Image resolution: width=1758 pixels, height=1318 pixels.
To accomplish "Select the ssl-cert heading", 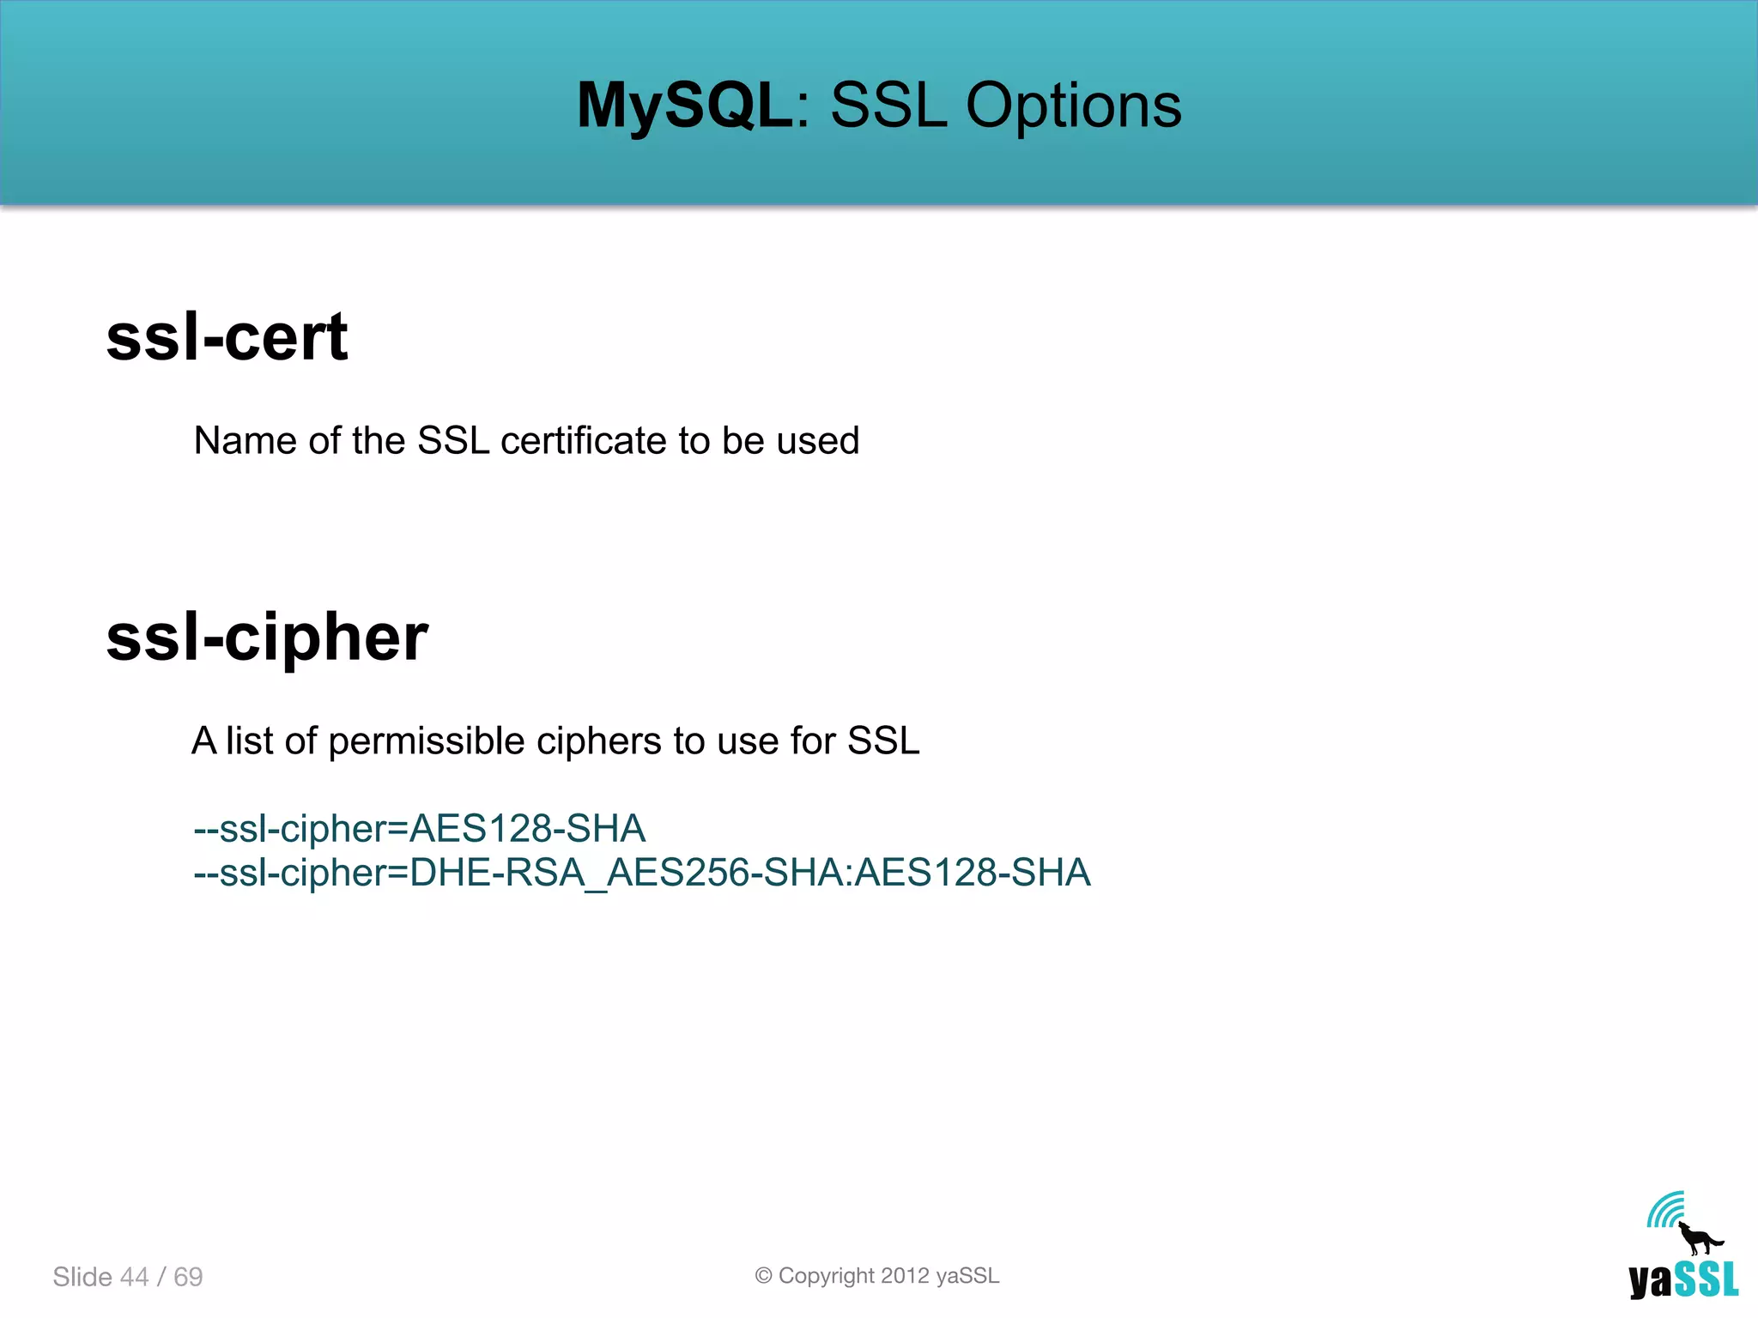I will point(227,336).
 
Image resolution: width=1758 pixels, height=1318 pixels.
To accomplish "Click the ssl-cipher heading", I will point(266,638).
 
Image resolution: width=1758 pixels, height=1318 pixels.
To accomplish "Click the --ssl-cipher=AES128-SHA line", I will point(419,829).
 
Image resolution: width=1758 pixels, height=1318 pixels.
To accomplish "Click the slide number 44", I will point(134,1277).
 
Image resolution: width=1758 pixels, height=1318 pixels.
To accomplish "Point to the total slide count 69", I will point(188,1277).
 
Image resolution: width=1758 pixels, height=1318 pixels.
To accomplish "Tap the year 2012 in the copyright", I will point(905,1276).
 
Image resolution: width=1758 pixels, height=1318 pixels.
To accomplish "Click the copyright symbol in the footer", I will point(763,1276).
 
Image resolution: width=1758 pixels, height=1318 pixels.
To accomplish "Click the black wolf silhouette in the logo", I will point(1699,1239).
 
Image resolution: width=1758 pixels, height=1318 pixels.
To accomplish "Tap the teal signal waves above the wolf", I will point(1665,1210).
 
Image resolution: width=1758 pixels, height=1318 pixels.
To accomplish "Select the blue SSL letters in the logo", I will point(1706,1279).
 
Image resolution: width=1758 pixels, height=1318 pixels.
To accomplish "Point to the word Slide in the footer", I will point(82,1277).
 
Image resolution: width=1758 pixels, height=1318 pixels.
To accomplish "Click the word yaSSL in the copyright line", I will point(967,1276).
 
